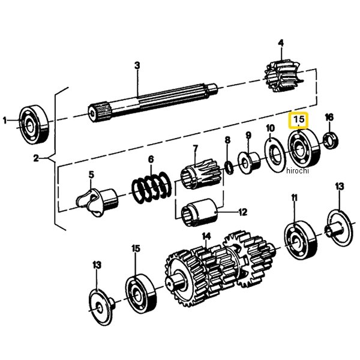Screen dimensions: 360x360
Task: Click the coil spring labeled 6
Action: click(x=152, y=187)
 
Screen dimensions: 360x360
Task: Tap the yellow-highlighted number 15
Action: click(x=298, y=119)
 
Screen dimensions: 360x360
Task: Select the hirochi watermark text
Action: click(x=298, y=171)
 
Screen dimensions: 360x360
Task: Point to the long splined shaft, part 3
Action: click(x=152, y=102)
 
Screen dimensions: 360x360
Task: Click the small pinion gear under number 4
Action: click(x=284, y=76)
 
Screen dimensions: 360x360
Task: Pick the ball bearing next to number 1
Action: click(x=34, y=125)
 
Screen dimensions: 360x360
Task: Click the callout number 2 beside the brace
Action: click(x=36, y=158)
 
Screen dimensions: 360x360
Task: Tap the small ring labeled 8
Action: click(x=229, y=168)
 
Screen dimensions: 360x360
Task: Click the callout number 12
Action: click(x=243, y=212)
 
